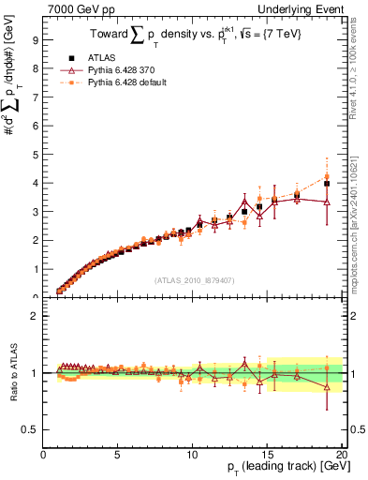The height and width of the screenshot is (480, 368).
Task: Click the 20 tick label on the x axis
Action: tap(341, 456)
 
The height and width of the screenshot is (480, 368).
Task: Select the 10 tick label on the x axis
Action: tap(192, 456)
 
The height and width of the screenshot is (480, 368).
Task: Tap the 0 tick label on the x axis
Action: tap(44, 456)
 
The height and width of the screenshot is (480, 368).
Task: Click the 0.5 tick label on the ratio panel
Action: tap(30, 429)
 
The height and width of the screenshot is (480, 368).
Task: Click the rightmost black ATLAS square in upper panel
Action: tap(327, 184)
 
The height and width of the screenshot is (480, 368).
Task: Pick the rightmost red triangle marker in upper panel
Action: tap(327, 202)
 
